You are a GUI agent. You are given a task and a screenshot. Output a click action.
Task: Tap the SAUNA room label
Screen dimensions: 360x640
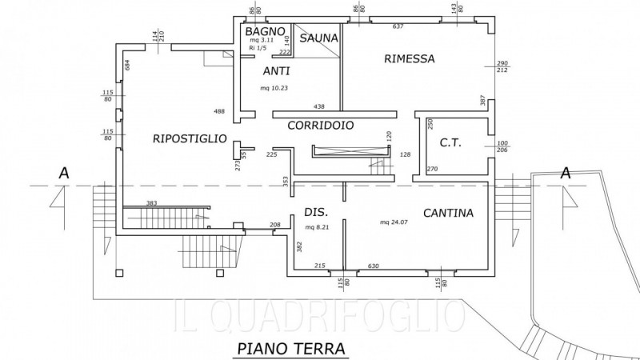click(318, 38)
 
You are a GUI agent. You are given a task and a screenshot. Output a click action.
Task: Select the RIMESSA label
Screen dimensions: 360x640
click(409, 58)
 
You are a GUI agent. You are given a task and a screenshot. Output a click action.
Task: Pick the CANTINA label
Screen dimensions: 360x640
click(448, 214)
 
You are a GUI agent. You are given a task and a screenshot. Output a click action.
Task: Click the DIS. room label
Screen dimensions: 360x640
click(314, 212)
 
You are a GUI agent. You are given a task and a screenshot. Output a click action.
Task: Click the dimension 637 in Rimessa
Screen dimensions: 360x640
click(398, 26)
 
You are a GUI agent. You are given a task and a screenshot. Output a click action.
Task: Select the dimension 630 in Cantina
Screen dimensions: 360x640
click(373, 266)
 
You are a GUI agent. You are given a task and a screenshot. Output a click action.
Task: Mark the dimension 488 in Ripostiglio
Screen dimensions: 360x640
click(219, 111)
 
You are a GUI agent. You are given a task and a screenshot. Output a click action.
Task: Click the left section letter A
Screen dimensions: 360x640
click(62, 172)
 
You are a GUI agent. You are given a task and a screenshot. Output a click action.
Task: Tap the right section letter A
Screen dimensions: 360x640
click(565, 172)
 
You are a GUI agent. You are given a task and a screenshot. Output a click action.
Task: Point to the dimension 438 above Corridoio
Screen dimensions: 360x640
click(319, 106)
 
